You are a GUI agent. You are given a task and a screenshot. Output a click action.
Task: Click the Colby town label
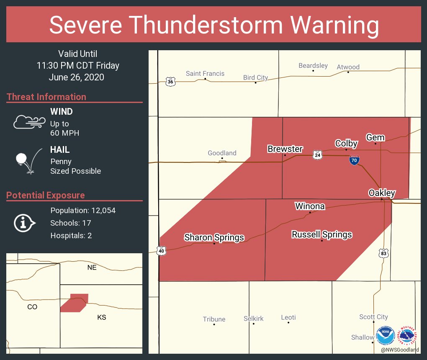(x=346, y=144)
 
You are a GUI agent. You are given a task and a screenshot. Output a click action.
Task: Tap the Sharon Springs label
(x=214, y=237)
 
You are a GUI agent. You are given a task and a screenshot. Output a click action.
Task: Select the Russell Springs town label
(x=322, y=234)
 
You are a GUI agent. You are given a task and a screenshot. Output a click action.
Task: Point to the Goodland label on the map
(x=222, y=153)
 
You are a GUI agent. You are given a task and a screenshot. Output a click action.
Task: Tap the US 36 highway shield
(x=170, y=82)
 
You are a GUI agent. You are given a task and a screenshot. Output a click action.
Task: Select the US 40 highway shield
(x=161, y=250)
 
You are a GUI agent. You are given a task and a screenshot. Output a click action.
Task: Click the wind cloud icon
(x=29, y=122)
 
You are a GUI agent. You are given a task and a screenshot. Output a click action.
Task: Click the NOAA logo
(x=385, y=335)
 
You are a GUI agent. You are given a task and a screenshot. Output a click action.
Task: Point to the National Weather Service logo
(x=408, y=335)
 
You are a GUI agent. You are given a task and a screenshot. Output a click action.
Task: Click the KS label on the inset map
(x=102, y=317)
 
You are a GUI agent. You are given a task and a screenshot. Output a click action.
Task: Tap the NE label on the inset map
(x=92, y=267)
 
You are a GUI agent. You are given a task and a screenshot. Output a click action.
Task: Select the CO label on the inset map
(x=32, y=307)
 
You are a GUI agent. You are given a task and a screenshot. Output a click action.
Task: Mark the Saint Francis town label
(x=205, y=74)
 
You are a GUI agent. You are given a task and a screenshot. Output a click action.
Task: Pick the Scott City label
(x=373, y=317)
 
